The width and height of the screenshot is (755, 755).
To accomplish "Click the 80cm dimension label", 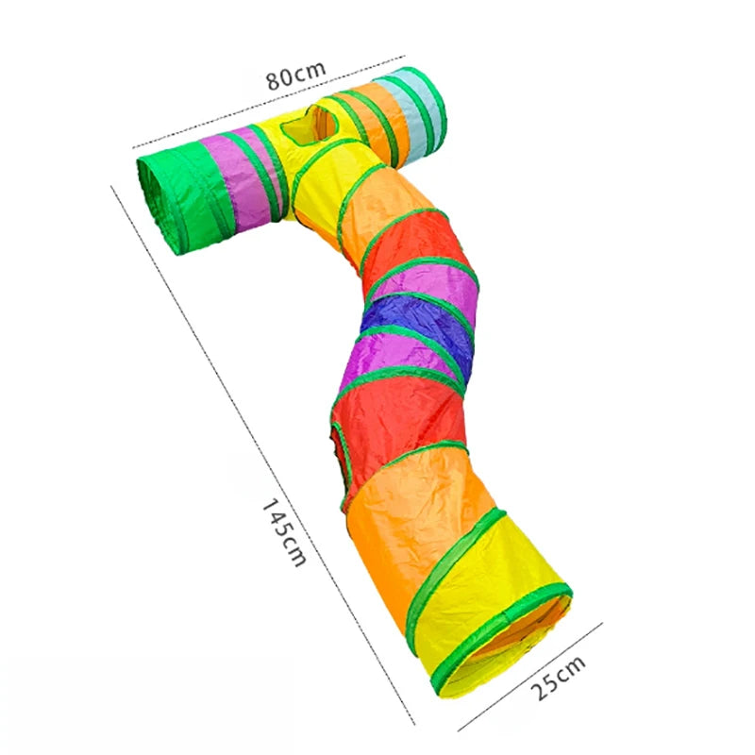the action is pos(295,75).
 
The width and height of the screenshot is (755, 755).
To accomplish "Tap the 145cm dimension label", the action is pos(283,532).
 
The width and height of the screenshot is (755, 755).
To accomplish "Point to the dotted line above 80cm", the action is pos(268,101).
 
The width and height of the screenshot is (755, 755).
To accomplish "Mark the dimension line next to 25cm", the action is pos(530,677).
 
